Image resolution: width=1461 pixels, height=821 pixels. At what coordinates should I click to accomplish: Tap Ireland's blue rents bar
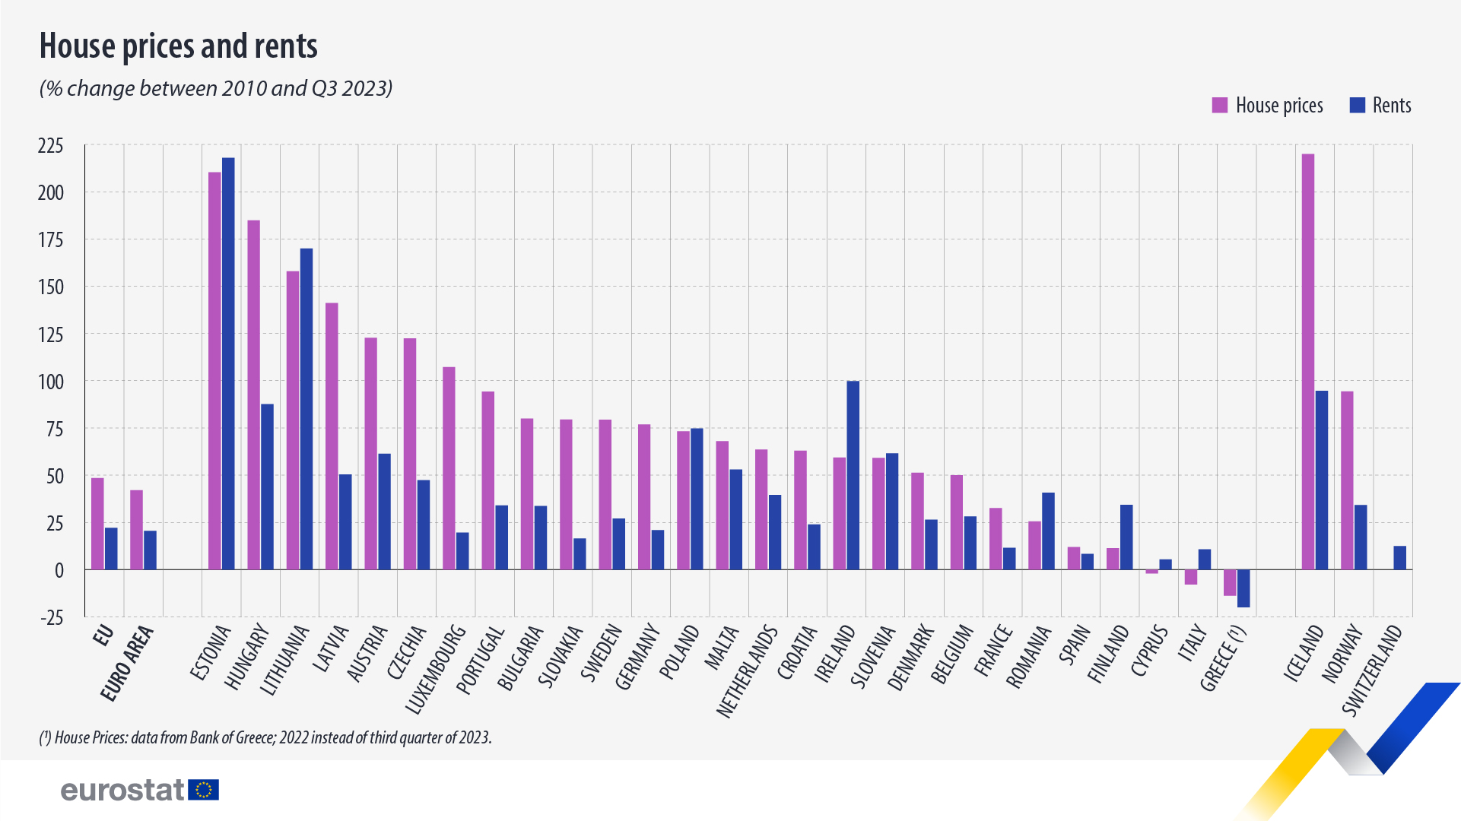pos(853,475)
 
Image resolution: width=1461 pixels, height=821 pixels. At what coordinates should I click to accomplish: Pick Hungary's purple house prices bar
pos(254,395)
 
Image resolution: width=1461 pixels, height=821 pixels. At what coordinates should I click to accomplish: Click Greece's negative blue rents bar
pos(1243,588)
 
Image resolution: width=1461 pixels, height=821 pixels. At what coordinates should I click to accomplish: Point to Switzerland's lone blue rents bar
pos(1399,558)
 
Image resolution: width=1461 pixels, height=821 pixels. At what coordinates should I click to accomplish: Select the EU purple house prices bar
pos(97,524)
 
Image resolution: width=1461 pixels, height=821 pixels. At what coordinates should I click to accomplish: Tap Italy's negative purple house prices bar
pos(1191,577)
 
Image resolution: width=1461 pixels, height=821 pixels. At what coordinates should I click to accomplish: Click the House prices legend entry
pos(1269,106)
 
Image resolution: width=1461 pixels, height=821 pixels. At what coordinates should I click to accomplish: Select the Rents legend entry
pos(1381,106)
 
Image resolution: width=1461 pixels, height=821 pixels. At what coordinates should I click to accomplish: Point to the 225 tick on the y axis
pos(51,145)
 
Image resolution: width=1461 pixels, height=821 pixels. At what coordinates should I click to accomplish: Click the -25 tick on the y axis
pos(52,617)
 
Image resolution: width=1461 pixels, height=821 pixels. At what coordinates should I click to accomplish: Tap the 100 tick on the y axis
pos(51,381)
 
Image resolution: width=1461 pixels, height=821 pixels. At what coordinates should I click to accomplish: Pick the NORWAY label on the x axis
pos(1342,653)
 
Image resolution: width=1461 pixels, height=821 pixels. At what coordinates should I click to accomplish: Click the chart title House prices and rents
pos(178,46)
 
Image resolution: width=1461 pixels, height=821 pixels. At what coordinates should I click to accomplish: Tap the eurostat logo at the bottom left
pos(140,790)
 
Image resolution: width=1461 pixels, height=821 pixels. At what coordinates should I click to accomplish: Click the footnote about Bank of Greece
pos(265,737)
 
